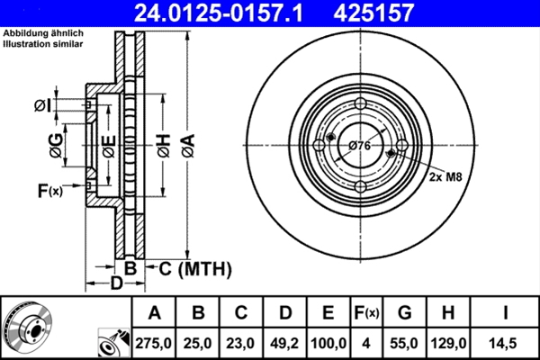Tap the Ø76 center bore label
click(359, 146)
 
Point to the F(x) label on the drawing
click(49, 190)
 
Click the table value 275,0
click(154, 341)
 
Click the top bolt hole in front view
click(359, 104)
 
